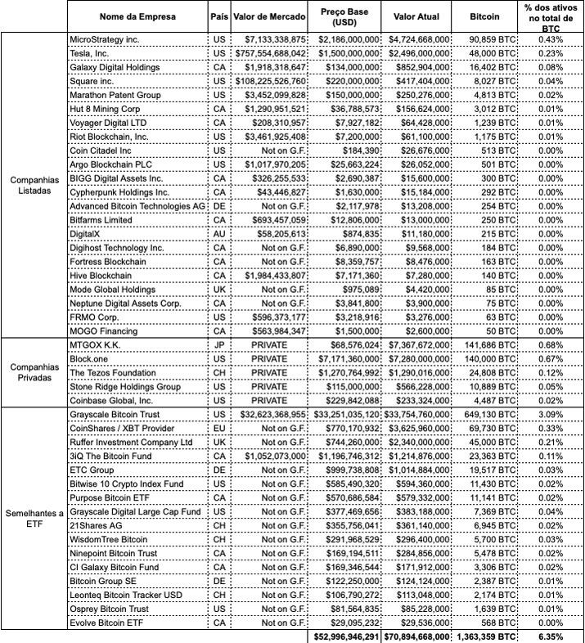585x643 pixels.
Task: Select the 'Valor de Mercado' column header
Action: (269, 16)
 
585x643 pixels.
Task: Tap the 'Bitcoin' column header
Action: (488, 16)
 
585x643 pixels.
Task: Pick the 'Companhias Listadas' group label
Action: (34, 185)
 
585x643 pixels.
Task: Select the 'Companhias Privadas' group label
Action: (34, 372)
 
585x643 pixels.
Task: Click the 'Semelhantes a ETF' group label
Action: (34, 518)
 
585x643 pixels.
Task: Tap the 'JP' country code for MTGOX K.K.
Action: (218, 344)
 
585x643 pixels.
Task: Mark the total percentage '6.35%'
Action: (551, 636)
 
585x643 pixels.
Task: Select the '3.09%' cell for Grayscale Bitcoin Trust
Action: (551, 415)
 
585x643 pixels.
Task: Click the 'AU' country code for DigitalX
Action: (218, 233)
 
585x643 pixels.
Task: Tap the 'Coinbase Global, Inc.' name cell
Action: (112, 400)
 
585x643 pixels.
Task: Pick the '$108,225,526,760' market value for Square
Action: (270, 81)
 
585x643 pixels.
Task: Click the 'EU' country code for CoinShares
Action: (218, 429)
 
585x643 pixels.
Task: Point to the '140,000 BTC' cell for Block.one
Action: (489, 358)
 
